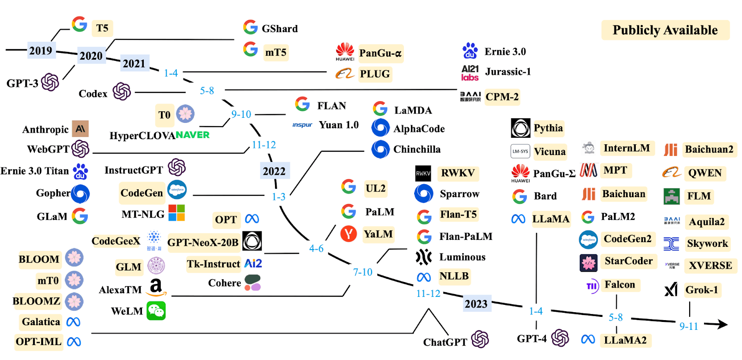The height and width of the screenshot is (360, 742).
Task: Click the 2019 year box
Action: tap(41, 50)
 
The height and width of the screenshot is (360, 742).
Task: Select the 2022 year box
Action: tap(274, 171)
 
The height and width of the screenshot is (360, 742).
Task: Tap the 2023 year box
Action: tap(476, 304)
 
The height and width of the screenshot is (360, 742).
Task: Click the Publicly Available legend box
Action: tap(665, 30)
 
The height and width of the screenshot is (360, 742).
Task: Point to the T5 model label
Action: tap(102, 28)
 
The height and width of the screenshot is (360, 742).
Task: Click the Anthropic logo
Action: tap(80, 129)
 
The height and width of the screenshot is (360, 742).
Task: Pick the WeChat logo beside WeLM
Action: tap(156, 311)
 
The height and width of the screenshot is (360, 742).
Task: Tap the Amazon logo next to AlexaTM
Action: tap(156, 288)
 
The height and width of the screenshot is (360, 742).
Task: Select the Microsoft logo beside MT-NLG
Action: tap(176, 213)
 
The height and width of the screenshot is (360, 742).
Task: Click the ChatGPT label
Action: tap(445, 342)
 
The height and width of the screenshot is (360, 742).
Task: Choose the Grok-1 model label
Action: tap(702, 290)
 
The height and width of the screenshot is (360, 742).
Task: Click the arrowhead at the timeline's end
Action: tap(722, 324)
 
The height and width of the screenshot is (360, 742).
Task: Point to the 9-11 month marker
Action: tap(689, 326)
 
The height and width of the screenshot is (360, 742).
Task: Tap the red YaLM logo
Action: tap(348, 234)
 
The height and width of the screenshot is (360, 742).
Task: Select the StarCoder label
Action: tap(628, 261)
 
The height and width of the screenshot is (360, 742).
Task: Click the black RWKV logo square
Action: tap(423, 174)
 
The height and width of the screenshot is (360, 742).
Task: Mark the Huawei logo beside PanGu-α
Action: tap(345, 51)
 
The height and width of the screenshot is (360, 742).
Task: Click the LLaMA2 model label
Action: tap(625, 340)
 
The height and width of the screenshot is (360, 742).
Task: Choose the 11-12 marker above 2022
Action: tap(264, 145)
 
